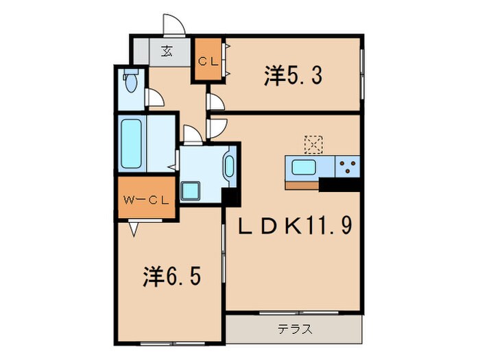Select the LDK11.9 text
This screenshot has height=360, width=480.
click(295, 224)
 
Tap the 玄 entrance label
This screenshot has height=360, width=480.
click(167, 51)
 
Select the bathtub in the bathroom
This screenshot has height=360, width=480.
click(131, 145)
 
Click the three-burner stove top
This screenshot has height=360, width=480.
click(348, 166)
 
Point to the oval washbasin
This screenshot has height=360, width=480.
click(228, 167)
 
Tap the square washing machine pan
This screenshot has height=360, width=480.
click(190, 190)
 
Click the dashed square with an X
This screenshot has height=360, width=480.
click(314, 143)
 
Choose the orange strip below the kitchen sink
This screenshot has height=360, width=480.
click(301, 184)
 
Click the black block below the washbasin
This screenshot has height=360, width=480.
click(230, 195)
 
